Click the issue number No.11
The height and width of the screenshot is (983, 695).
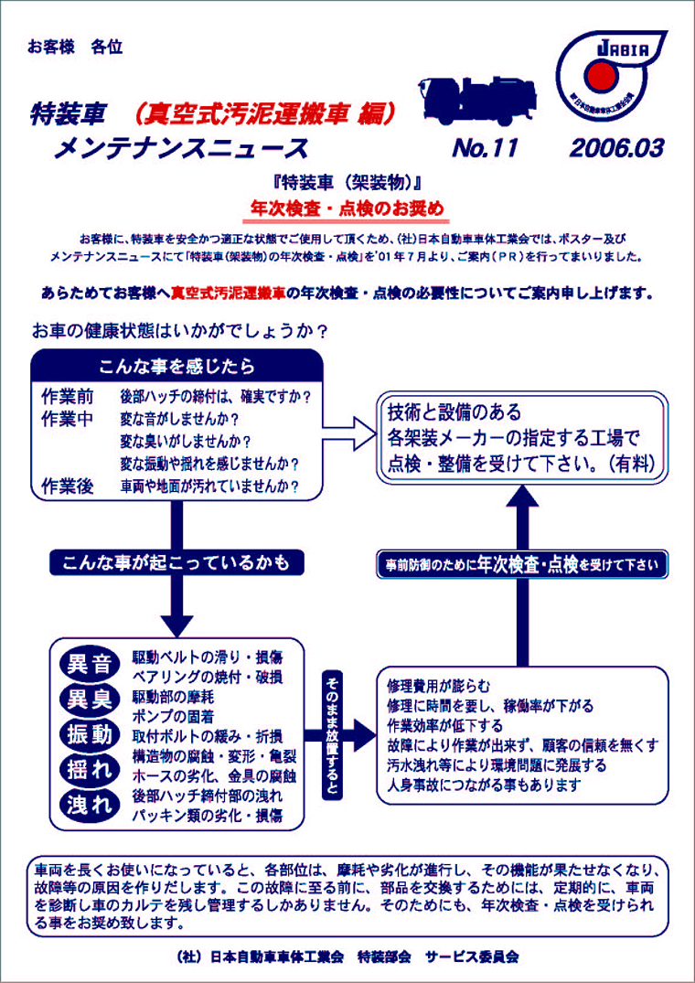coord(486,147)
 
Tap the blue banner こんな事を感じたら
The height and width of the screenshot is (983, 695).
coord(177,367)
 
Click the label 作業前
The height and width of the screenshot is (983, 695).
coord(69,397)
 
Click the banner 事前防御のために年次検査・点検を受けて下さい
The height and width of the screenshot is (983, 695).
coord(521,565)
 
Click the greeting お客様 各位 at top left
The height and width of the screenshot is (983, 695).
coord(75,46)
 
